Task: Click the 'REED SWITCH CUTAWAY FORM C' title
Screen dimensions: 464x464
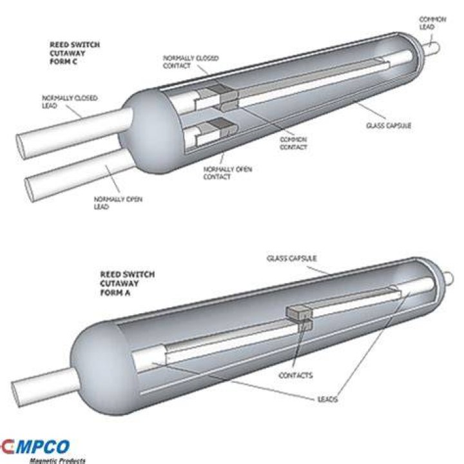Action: click(75, 53)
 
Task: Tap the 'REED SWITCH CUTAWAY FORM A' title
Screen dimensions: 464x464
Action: click(127, 283)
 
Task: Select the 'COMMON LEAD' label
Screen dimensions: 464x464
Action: click(432, 23)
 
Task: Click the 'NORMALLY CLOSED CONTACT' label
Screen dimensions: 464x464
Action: click(191, 62)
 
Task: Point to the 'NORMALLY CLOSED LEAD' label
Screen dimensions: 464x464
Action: click(70, 102)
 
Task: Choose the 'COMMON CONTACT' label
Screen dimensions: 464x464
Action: click(293, 143)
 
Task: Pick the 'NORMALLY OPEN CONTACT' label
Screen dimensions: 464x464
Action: click(227, 173)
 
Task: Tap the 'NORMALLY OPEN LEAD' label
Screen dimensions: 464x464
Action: click(118, 203)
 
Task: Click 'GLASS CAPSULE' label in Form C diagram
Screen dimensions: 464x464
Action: click(389, 126)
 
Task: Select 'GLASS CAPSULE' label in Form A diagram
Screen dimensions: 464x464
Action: click(291, 258)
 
